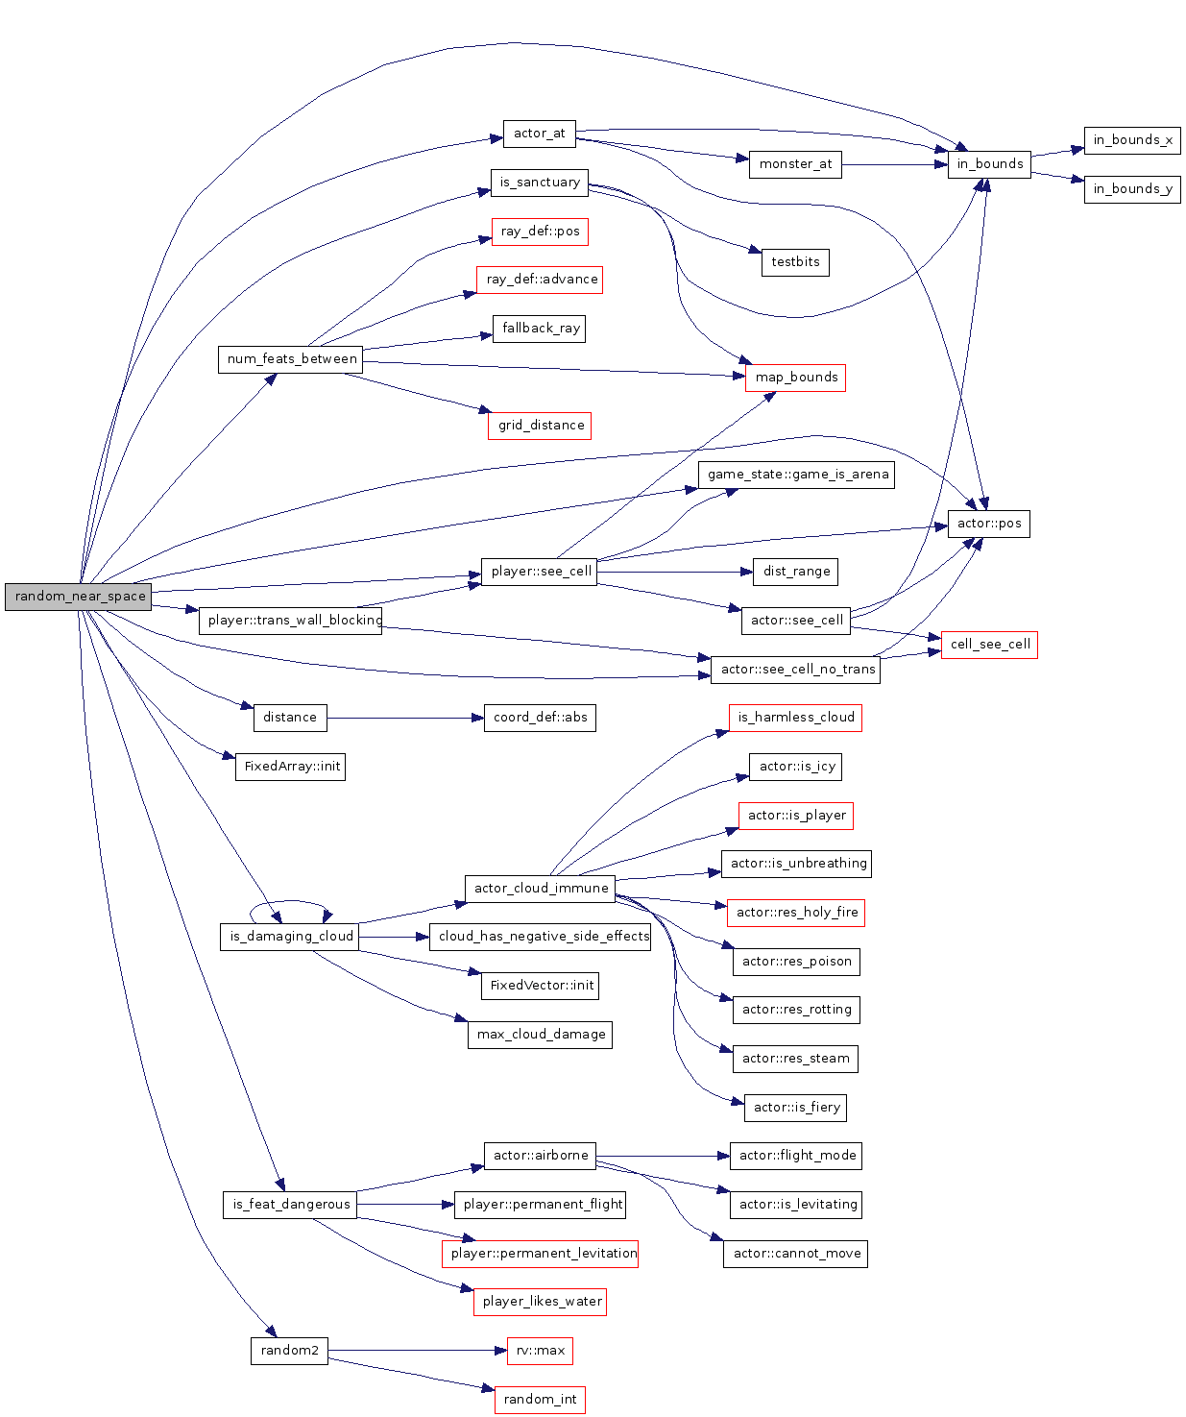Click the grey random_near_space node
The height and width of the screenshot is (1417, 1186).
tap(79, 597)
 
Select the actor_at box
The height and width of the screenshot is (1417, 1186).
tap(539, 134)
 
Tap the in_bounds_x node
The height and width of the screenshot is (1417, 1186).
tap(1132, 140)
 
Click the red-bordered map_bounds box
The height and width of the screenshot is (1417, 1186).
tap(795, 378)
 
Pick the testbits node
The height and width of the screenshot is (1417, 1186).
tap(795, 262)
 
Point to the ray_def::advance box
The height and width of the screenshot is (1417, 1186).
tap(540, 280)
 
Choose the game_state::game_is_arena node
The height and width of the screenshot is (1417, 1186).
tap(796, 475)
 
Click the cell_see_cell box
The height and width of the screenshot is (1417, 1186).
tap(989, 645)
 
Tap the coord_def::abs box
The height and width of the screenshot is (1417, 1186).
tap(540, 718)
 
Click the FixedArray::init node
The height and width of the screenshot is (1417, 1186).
tap(290, 767)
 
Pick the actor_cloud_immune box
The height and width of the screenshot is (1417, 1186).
tap(541, 889)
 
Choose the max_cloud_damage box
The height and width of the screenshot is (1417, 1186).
tap(540, 1035)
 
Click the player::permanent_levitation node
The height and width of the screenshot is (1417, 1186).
tap(540, 1254)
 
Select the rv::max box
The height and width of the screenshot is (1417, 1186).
tap(540, 1351)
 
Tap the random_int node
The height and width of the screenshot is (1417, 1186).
tap(540, 1400)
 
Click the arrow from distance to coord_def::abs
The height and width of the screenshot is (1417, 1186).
tap(403, 718)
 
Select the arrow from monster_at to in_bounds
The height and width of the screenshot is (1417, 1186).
tap(893, 165)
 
